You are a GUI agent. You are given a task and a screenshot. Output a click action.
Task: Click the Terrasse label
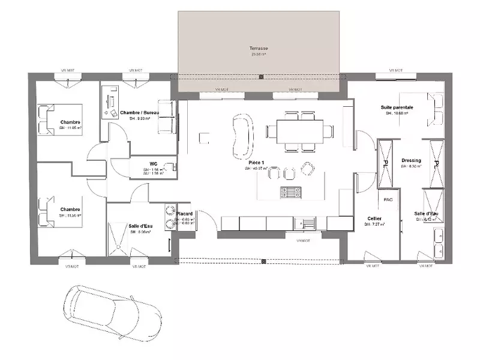pyautogui.click(x=259, y=48)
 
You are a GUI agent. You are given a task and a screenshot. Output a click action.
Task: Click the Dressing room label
pyautogui.click(x=411, y=161)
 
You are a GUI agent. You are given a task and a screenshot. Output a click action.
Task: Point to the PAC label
pyautogui.click(x=388, y=200)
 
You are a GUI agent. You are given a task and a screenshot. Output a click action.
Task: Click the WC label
pyautogui.click(x=153, y=163)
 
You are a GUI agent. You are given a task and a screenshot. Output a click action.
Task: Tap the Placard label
pyautogui.click(x=184, y=213)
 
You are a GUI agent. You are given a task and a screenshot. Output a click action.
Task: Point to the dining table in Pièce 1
pyautogui.click(x=299, y=130)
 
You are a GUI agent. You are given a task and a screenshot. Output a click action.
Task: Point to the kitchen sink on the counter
pyautogui.click(x=308, y=223)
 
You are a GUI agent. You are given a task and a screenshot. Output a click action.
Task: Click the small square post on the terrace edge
pyautogui.click(x=260, y=77)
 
